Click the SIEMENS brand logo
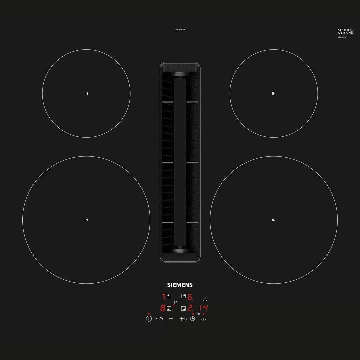pos(180,285)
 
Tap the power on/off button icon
pos(149,319)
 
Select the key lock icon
pos(159,319)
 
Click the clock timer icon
pos(193,319)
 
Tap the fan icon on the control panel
pos(204,319)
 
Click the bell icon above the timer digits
pos(205,300)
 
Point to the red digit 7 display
pos(164,296)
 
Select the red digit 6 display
pos(190,296)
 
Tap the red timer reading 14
pos(204,308)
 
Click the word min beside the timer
pos(197,314)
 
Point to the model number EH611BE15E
pos(180,30)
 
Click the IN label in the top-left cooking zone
pos(86,94)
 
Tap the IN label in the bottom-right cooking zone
pos(274,220)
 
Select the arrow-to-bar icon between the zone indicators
pos(176,302)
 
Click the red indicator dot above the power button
pos(149,314)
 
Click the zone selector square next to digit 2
pos(183,308)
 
